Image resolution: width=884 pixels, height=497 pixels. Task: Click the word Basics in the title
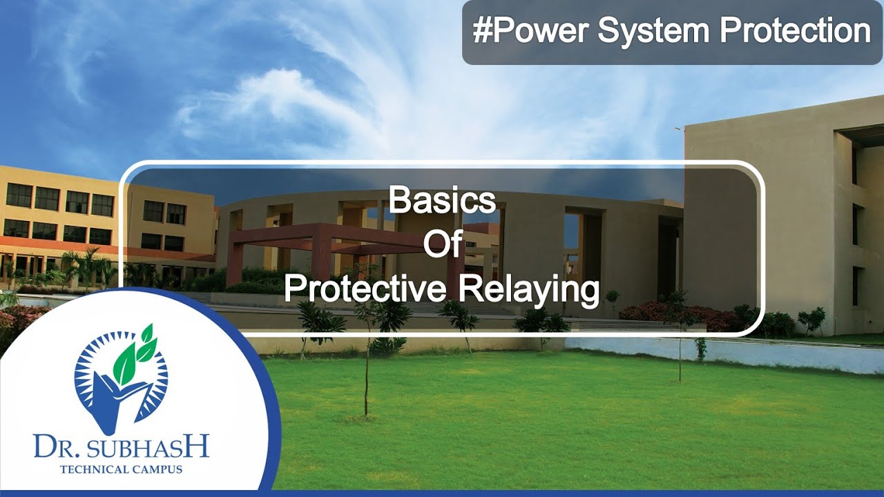[442, 201]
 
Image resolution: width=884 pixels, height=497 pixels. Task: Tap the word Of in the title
[442, 246]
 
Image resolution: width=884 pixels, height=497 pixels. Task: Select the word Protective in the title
[365, 291]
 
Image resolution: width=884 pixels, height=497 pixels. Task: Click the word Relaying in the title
[528, 291]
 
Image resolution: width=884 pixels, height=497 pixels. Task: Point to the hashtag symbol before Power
[481, 32]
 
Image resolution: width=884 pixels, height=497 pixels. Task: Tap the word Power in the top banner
[541, 32]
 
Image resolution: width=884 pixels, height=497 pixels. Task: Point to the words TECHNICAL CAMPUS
[121, 470]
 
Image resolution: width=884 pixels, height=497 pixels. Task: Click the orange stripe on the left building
[104, 248]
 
